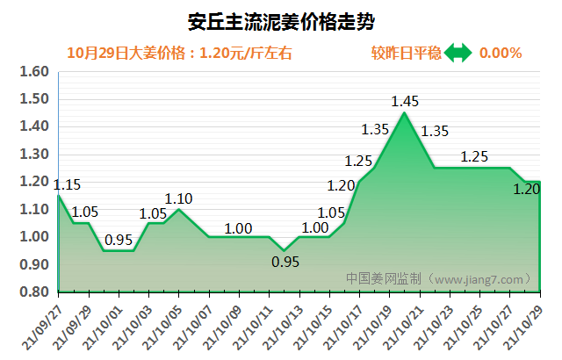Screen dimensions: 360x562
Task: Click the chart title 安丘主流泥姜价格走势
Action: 281,19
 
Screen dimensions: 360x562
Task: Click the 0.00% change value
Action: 501,54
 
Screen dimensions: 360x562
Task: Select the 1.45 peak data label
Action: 404,101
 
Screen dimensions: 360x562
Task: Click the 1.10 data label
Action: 179,198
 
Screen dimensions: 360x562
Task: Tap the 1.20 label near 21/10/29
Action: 526,188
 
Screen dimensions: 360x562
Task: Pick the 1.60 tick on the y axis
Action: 33,72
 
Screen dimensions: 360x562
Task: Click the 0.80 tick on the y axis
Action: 33,292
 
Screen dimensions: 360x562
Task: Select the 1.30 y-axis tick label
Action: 33,155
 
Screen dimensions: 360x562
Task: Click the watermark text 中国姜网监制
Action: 383,278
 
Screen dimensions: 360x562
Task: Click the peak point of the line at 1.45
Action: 404,113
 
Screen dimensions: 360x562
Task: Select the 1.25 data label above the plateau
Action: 474,157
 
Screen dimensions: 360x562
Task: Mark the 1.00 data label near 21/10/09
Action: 238,228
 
